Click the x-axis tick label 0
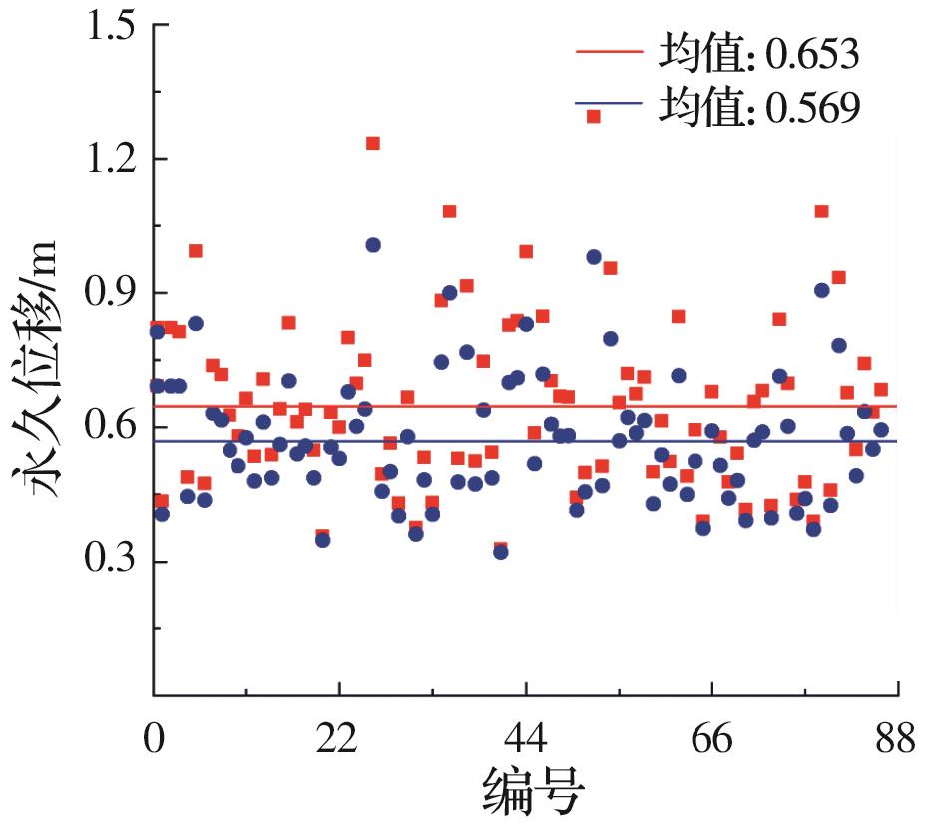point(153,741)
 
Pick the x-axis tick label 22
point(339,741)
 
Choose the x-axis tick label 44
point(526,741)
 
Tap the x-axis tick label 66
point(711,741)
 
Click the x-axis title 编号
point(533,792)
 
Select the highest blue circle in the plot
point(373,245)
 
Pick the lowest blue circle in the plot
point(500,552)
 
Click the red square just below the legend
point(593,116)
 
